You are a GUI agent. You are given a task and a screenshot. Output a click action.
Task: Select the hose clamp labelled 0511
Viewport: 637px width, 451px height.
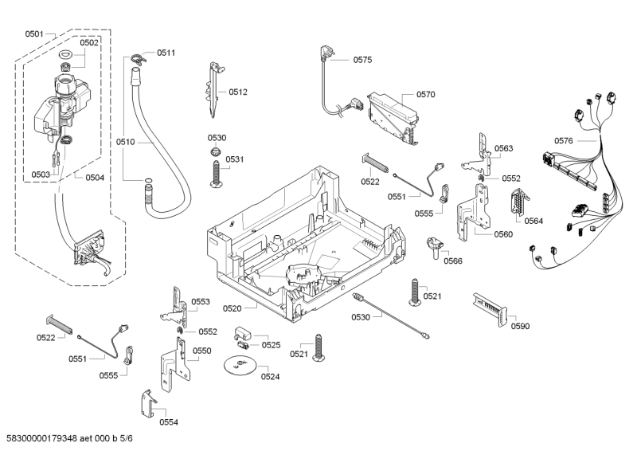point(138,56)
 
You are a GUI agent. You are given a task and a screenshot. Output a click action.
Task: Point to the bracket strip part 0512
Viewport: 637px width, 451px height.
point(214,88)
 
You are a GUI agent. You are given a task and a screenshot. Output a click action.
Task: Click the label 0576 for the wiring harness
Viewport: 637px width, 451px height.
point(563,141)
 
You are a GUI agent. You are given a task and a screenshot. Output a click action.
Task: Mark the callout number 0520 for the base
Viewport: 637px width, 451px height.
point(255,308)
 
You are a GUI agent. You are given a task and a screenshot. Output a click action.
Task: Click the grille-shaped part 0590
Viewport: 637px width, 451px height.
point(487,306)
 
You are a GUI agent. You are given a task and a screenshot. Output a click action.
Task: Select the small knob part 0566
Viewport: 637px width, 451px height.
point(435,245)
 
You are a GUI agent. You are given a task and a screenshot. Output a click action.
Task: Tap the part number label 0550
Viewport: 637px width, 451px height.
point(202,351)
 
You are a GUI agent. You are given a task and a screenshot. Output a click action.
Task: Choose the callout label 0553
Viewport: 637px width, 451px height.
point(200,302)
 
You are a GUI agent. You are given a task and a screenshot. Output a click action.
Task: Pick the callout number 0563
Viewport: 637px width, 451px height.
point(503,149)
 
